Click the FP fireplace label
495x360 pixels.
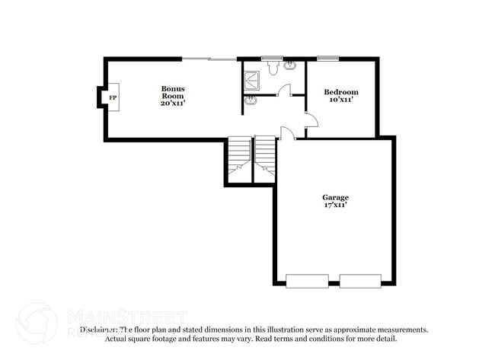pyautogui.click(x=112, y=99)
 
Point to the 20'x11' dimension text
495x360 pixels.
pyautogui.click(x=173, y=104)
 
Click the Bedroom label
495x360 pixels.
pyautogui.click(x=340, y=92)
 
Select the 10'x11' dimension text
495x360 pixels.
pyautogui.click(x=340, y=100)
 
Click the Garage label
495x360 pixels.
pyautogui.click(x=335, y=198)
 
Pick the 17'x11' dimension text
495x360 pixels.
pyautogui.click(x=335, y=205)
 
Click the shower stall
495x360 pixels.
pyautogui.click(x=251, y=75)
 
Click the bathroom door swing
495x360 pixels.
pyautogui.click(x=283, y=91)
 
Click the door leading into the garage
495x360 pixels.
pyautogui.click(x=287, y=133)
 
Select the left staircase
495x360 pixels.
pyautogui.click(x=238, y=159)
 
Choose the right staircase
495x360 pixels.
pyautogui.click(x=265, y=159)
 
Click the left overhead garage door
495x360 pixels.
pyautogui.click(x=307, y=280)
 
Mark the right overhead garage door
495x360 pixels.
pyautogui.click(x=360, y=280)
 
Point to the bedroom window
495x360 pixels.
pyautogui.click(x=327, y=58)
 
